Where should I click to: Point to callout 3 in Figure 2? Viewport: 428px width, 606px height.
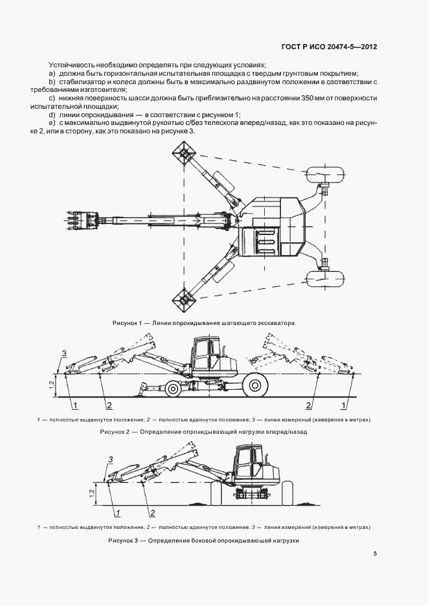click(x=63, y=353)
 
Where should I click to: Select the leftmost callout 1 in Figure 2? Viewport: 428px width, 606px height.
click(x=76, y=405)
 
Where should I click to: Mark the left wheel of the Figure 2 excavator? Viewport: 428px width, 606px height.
click(x=173, y=389)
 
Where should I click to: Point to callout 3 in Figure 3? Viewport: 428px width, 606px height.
click(x=111, y=458)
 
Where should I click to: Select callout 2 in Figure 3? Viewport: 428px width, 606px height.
click(x=153, y=513)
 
